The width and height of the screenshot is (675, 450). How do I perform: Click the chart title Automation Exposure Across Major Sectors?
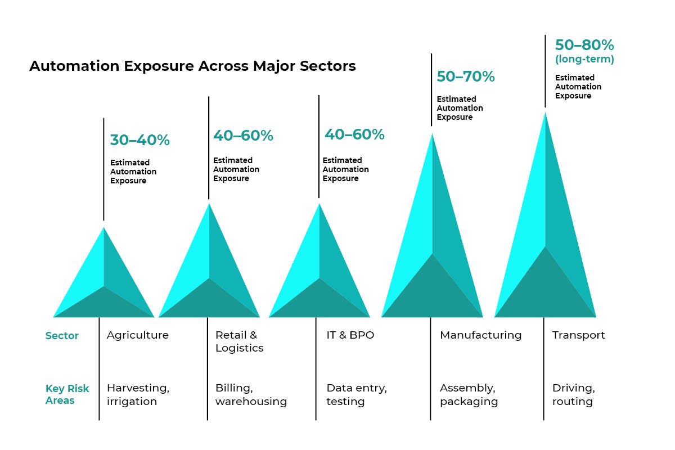pos(192,66)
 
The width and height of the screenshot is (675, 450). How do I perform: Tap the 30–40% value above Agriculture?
pos(139,140)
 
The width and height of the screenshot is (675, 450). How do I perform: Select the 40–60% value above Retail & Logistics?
pos(243,136)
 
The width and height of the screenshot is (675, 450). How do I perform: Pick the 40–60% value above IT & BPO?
pos(354,134)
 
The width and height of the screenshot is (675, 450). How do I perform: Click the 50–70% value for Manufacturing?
pos(466,76)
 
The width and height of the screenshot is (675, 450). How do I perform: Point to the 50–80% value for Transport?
pos(584,45)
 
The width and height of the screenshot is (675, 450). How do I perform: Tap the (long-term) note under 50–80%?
pos(584,59)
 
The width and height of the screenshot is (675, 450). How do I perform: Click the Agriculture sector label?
pos(138,335)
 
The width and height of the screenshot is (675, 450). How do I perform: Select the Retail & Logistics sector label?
pos(239,341)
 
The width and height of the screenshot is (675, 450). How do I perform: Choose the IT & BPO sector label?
pos(350,335)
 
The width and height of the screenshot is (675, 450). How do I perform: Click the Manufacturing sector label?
pos(480,335)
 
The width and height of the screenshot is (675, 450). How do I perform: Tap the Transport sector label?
pos(578,335)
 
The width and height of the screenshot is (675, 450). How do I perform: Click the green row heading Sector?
pos(62,336)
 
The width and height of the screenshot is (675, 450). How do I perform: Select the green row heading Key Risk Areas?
pos(67,395)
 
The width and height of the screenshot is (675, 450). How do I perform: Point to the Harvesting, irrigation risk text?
pos(138,395)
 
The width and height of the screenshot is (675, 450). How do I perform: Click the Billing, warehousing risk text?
pos(251,395)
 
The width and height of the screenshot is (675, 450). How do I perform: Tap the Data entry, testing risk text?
pos(357,395)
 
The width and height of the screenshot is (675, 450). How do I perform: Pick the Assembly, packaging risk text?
pos(469,395)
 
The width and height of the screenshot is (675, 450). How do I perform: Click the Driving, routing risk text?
pos(573,395)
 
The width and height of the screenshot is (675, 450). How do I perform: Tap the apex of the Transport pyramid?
pos(544,113)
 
